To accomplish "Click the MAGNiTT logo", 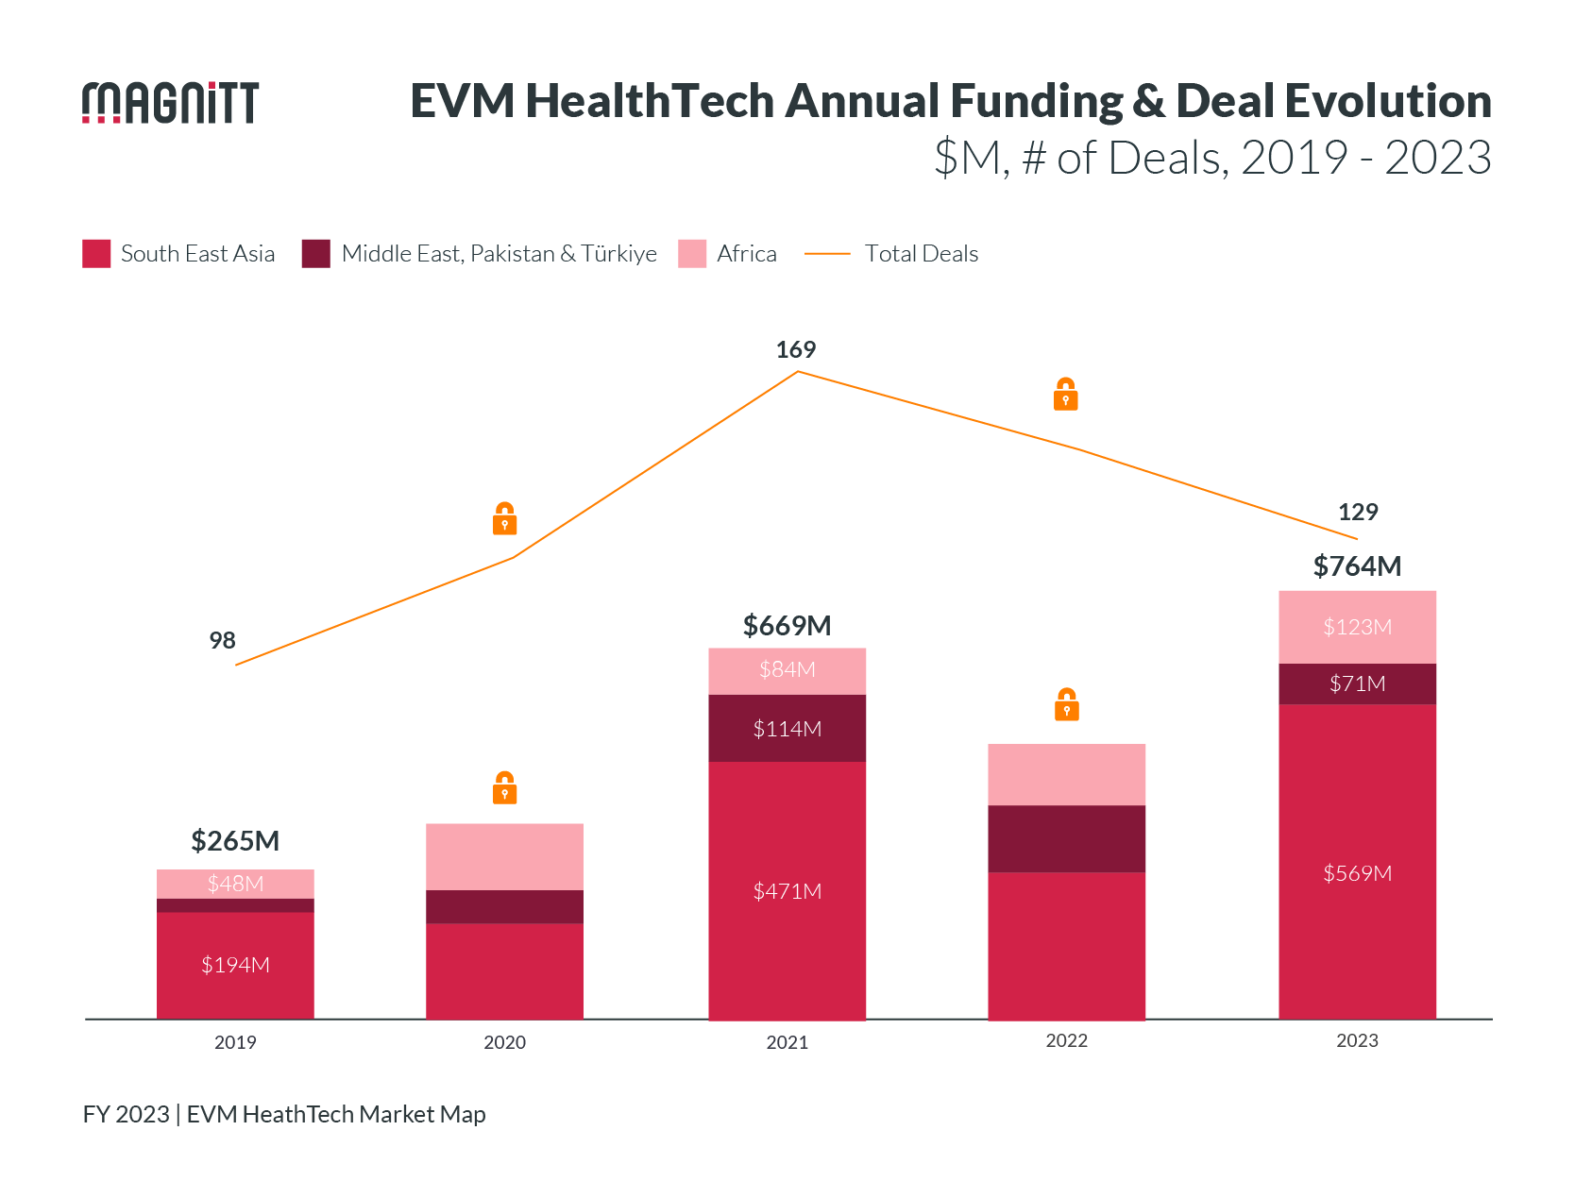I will click(x=170, y=102).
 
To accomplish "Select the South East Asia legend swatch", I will click(x=96, y=254).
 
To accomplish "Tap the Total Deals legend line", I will click(x=827, y=254).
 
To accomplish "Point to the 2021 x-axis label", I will click(x=787, y=1042).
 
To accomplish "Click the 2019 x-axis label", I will click(x=235, y=1042).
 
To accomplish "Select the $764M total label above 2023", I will click(x=1357, y=566).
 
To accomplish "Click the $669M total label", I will click(x=787, y=626).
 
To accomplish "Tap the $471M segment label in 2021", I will click(x=787, y=891).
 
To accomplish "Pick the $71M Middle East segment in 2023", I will click(x=1357, y=683).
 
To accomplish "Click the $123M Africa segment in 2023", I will click(x=1357, y=627).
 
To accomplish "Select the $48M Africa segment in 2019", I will click(x=235, y=884).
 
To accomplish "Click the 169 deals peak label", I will click(x=795, y=350).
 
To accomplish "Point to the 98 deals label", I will click(x=222, y=641).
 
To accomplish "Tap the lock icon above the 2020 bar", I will click(x=505, y=787).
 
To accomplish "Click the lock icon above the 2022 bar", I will click(x=1067, y=704).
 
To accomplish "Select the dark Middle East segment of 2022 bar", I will click(x=1067, y=838).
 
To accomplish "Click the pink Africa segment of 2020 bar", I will click(x=505, y=856).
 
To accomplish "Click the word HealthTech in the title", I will click(x=650, y=101).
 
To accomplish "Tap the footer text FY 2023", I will click(x=126, y=1114).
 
